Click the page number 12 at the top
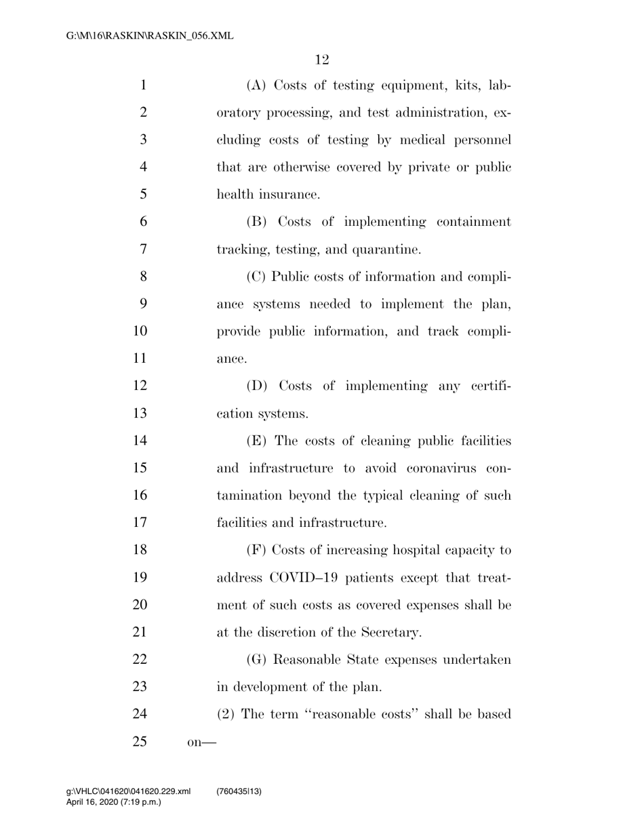pyautogui.click(x=322, y=60)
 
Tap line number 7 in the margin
pyautogui.click(x=143, y=250)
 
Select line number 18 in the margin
pyautogui.click(x=140, y=550)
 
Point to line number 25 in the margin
pyautogui.click(x=140, y=741)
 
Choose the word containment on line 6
pyautogui.click(x=467, y=222)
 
